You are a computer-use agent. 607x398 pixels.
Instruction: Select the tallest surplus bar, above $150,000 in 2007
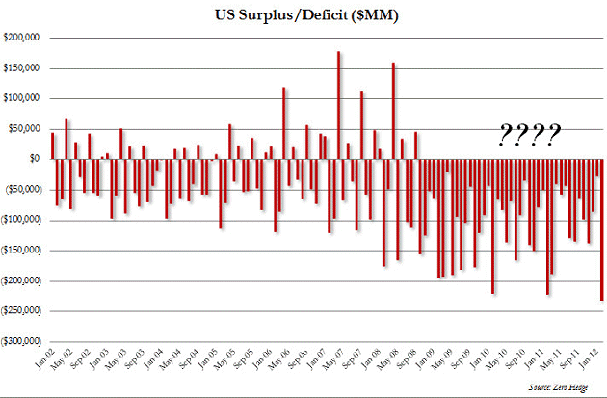[x=339, y=105]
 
